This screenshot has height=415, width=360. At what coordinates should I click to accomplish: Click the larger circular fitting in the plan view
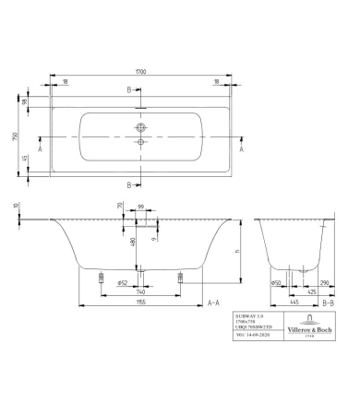point(141,127)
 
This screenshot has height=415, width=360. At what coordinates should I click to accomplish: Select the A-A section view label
point(213,302)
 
